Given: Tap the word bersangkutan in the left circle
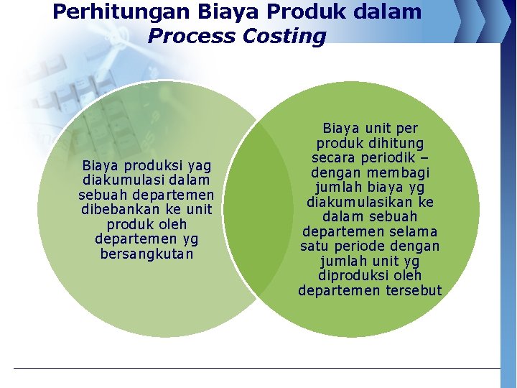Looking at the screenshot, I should (146, 254).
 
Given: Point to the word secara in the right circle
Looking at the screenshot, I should (334, 158).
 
